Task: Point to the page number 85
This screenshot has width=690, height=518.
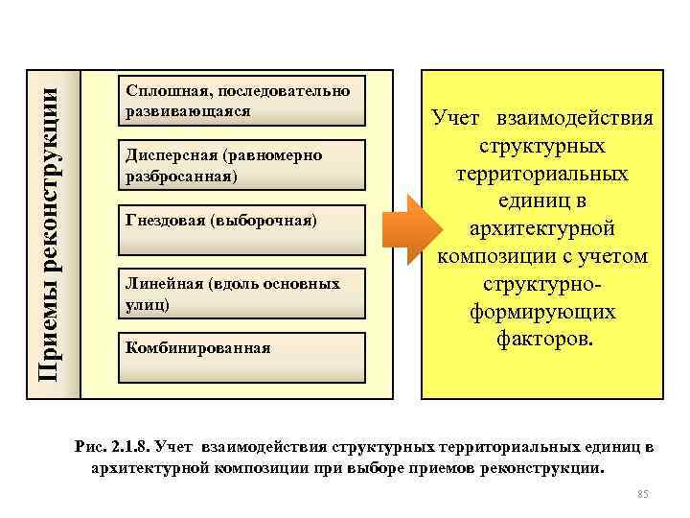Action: pos(642,493)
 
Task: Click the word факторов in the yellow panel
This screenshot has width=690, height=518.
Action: pos(542,339)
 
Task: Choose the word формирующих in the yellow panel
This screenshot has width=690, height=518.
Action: pos(542,312)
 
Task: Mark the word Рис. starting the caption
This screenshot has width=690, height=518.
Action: pos(90,448)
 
